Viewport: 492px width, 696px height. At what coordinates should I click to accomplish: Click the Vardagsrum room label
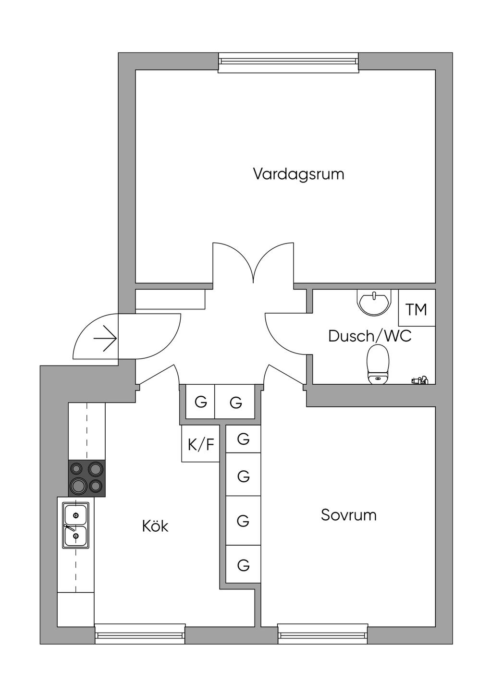[x=299, y=174]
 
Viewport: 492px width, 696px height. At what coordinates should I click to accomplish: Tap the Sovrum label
[x=349, y=515]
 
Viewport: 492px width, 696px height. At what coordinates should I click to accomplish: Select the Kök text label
[x=155, y=526]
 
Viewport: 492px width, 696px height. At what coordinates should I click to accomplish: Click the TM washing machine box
[x=417, y=307]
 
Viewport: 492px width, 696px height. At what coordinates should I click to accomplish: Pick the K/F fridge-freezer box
[x=201, y=444]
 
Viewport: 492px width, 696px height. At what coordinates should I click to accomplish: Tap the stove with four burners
[x=86, y=478]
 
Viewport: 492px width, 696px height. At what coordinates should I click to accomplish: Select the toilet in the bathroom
[x=378, y=364]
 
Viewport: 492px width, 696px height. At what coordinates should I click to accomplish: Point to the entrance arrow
[x=105, y=338]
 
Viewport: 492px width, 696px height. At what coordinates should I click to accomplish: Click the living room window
[x=288, y=63]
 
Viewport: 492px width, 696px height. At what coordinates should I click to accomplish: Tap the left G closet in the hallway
[x=200, y=402]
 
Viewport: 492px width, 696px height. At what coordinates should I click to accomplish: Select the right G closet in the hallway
[x=235, y=402]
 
